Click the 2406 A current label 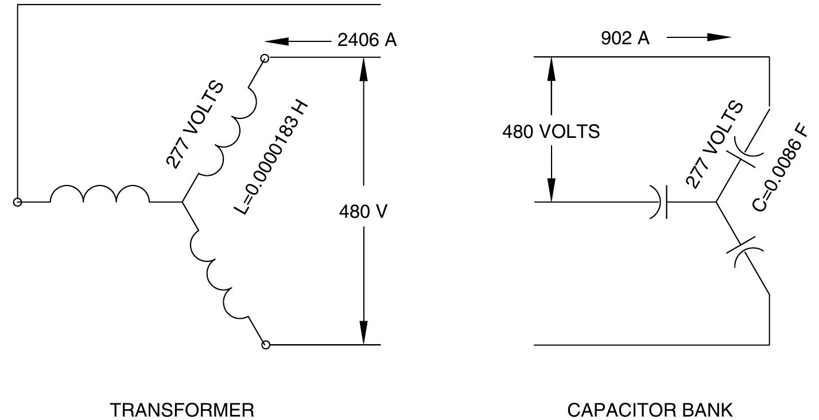[x=367, y=40]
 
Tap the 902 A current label [x=625, y=38]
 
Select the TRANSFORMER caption [x=182, y=410]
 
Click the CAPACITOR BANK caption [x=650, y=410]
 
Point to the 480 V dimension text [x=363, y=211]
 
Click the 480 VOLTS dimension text [x=551, y=132]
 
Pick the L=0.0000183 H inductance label [x=272, y=157]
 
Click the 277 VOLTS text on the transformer [x=195, y=125]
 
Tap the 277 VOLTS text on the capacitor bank [x=715, y=145]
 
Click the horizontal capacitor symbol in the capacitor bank [x=661, y=202]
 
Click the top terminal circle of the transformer [x=265, y=58]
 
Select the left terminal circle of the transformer [x=18, y=202]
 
